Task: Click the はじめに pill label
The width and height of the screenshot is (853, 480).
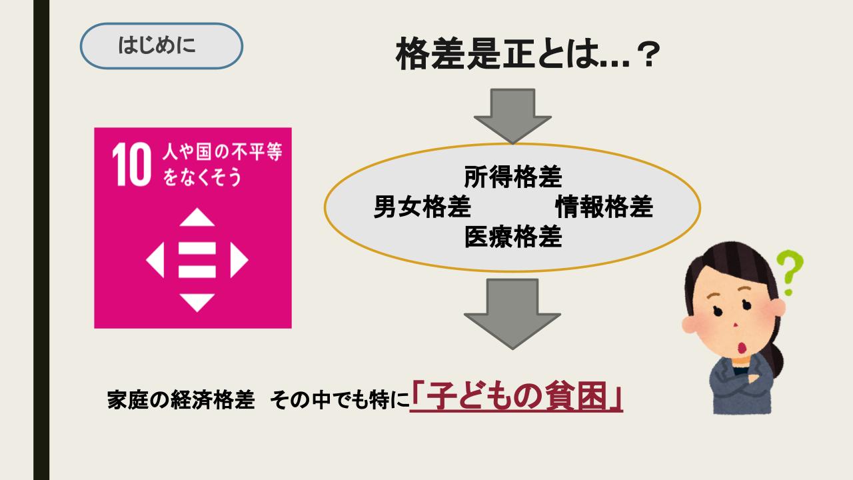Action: [x=161, y=46]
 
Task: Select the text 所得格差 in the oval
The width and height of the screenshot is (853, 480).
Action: [x=513, y=177]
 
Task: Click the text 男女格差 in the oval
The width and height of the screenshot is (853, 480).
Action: [x=423, y=207]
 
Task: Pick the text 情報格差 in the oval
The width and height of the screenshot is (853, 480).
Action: [x=604, y=207]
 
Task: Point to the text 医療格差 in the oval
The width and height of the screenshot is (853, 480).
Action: [x=513, y=237]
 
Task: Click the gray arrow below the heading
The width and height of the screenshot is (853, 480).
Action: [x=512, y=116]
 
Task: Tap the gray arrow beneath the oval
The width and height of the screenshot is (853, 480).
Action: [x=512, y=314]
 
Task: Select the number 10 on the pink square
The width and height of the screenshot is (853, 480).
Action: [x=131, y=164]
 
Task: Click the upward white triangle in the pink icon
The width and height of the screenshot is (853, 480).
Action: [x=197, y=217]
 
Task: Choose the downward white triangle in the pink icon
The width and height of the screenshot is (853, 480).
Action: [x=197, y=303]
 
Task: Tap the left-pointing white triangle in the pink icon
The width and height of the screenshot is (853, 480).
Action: [x=155, y=260]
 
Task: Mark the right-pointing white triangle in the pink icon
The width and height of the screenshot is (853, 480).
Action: [x=239, y=260]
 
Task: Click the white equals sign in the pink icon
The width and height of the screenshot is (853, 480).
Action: [x=197, y=260]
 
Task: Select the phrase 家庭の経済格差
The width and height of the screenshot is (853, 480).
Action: [x=181, y=400]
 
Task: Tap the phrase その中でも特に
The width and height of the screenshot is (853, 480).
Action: [x=339, y=400]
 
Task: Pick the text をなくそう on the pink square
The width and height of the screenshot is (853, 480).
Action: [x=202, y=177]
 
